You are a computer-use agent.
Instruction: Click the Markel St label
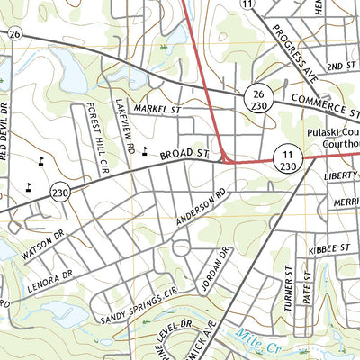point(152,108)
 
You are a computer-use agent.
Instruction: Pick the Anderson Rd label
point(200,208)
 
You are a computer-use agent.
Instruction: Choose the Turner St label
point(289,287)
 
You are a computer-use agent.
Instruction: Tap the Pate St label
point(306,288)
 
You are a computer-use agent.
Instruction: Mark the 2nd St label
point(340,67)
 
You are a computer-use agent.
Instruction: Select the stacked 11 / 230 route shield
point(289,159)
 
